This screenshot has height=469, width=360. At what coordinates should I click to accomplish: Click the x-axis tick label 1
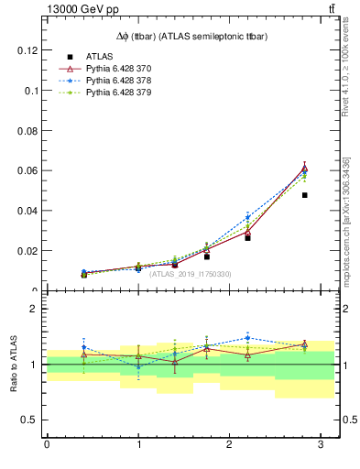tap(138, 445)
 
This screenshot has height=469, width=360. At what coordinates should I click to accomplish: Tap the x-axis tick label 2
tap(230, 445)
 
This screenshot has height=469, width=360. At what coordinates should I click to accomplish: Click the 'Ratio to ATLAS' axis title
tap(14, 365)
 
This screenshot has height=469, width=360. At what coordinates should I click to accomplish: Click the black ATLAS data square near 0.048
tap(304, 195)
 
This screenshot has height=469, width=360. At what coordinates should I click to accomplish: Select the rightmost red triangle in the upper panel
tap(304, 169)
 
